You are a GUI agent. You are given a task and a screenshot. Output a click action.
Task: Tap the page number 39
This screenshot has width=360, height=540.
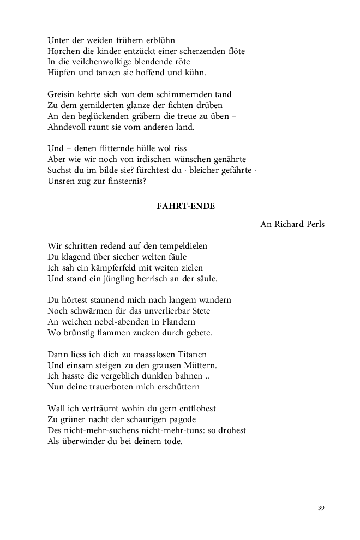pos(321,508)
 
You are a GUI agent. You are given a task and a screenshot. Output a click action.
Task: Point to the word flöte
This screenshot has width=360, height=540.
pos(233,51)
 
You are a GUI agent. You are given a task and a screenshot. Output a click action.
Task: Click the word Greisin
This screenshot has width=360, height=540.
pos(61,94)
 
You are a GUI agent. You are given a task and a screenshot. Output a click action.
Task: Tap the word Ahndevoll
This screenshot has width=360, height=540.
pos(68,127)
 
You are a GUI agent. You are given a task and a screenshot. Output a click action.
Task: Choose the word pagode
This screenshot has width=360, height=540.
pos(179,419)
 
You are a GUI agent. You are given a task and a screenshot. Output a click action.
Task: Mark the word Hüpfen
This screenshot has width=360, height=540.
pos(61,73)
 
